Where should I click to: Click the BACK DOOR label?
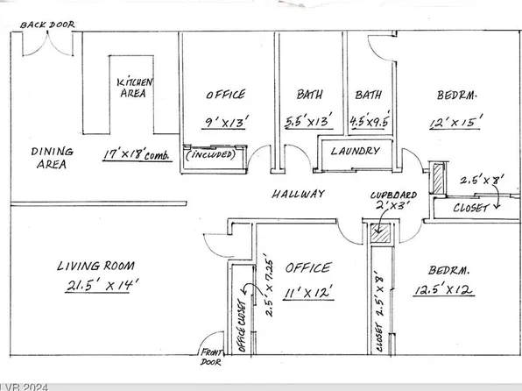pos(50,26)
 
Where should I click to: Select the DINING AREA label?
pos(53,157)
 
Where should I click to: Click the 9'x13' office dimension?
pos(225,124)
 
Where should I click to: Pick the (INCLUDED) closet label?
pos(213,156)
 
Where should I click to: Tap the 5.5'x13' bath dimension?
pos(307,124)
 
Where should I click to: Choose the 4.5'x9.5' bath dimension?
pos(367,124)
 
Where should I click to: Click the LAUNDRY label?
pos(355,152)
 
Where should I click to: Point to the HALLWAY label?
pos(298,194)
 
